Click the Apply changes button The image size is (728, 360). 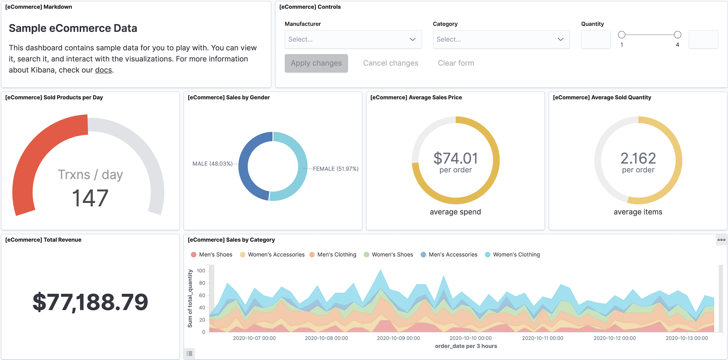tap(316, 63)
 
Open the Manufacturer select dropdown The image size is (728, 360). tap(353, 39)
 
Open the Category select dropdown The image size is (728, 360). tap(501, 39)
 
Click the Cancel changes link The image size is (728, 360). tap(391, 63)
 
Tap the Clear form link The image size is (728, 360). tap(456, 63)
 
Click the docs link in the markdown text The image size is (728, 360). tap(103, 70)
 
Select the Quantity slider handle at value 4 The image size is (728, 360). tap(677, 35)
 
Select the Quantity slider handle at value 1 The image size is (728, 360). tap(622, 35)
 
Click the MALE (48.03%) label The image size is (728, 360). tap(212, 164)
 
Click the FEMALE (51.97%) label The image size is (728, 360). tap(336, 169)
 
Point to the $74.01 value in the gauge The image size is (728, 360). tap(455, 158)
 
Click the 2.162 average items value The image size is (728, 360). tap(638, 158)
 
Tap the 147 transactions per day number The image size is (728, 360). tap(90, 198)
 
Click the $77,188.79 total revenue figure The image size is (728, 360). tap(90, 302)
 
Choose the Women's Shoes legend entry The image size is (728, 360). tap(392, 255)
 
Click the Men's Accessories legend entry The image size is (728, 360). tap(452, 255)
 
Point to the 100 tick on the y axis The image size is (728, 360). tap(201, 271)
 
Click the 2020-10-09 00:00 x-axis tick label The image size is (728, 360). tap(398, 338)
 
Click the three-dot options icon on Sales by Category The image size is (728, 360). tap(721, 240)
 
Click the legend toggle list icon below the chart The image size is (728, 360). tap(189, 353)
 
